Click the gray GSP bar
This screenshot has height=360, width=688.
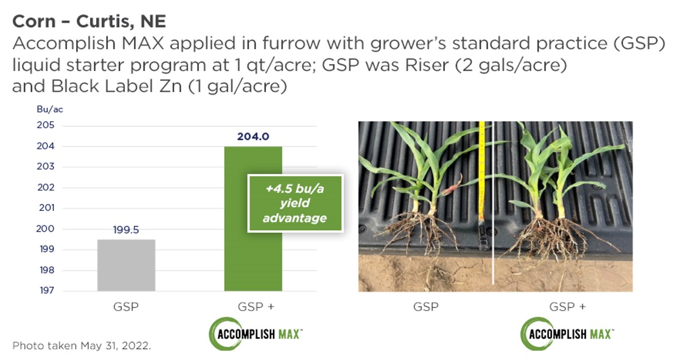[126, 265]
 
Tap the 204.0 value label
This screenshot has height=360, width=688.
[253, 136]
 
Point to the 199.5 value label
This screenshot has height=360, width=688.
[126, 229]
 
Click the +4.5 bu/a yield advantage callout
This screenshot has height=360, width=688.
[295, 203]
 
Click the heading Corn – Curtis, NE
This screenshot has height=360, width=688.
[89, 22]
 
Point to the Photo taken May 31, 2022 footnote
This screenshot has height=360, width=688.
[81, 346]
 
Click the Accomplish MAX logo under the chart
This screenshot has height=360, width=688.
[255, 333]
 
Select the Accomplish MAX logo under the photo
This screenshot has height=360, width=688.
[567, 333]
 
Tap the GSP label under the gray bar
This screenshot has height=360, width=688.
[126, 307]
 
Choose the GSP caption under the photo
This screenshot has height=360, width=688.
[425, 307]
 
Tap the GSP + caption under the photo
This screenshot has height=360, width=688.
[567, 307]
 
